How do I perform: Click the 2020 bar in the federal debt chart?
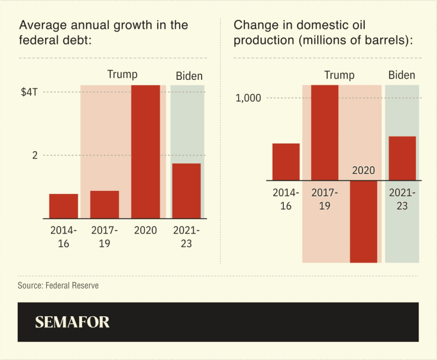[145, 151]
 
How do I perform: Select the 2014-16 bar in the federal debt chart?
[63, 206]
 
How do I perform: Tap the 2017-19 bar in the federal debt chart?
[105, 204]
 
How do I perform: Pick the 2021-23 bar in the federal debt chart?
[186, 190]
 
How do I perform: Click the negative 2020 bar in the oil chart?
[364, 221]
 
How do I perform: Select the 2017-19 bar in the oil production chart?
[325, 132]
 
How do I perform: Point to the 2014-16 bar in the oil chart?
[286, 161]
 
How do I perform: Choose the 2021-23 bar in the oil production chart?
[402, 158]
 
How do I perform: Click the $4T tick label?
[29, 92]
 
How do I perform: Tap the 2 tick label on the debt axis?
[35, 155]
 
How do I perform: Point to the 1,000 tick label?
[248, 98]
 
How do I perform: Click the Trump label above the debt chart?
[122, 74]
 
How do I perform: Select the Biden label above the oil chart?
[402, 75]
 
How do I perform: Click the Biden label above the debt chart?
[189, 76]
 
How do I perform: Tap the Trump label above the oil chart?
[339, 75]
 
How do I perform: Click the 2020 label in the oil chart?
[364, 170]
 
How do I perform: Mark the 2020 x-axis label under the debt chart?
[145, 230]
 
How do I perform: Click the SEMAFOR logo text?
[72, 322]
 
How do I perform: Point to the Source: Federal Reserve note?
[58, 286]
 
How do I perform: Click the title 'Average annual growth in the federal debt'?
[103, 33]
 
